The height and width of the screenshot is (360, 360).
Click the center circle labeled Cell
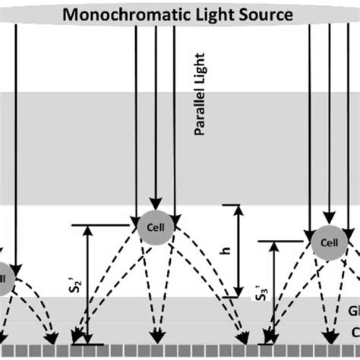[x=154, y=226]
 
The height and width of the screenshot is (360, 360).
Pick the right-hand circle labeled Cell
[x=328, y=243]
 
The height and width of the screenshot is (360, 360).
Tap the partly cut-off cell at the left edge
[x=4, y=276]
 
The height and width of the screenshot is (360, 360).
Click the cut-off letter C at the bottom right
[x=355, y=331]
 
